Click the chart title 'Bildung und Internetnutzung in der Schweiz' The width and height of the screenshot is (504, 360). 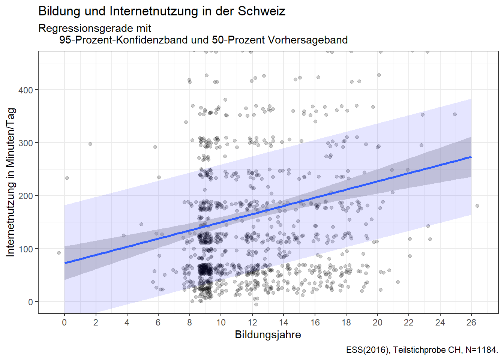[162, 11]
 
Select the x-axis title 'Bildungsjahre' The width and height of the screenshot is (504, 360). [268, 334]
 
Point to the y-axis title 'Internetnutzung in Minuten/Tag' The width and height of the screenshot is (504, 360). [10, 182]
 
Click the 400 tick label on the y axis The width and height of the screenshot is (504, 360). [25, 90]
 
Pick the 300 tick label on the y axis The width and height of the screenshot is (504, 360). [25, 143]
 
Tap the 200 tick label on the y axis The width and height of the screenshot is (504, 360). [25, 196]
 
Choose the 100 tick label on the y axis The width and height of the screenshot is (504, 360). [25, 249]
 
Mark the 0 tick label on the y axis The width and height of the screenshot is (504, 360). [30, 302]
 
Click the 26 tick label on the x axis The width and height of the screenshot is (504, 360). [471, 322]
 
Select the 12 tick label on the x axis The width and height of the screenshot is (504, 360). [252, 322]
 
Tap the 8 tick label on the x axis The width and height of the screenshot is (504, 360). [189, 322]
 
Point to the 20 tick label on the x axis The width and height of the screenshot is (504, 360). [377, 322]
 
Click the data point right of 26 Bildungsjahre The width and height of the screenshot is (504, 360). [477, 206]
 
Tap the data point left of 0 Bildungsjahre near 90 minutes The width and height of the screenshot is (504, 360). [59, 253]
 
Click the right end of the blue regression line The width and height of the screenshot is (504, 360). [471, 157]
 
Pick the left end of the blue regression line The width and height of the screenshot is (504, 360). [65, 262]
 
